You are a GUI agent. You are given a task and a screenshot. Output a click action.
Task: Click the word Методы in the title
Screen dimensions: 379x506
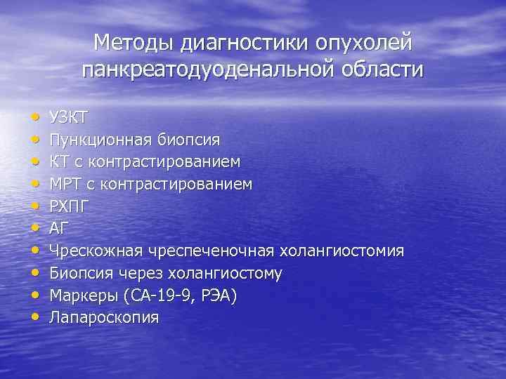(x=134, y=43)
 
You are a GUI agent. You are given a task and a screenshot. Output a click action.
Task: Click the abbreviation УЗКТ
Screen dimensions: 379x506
(x=68, y=117)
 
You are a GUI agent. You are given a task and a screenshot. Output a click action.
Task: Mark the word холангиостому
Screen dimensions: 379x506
(x=224, y=273)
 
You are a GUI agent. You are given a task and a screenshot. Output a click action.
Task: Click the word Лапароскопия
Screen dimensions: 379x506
(x=103, y=318)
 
